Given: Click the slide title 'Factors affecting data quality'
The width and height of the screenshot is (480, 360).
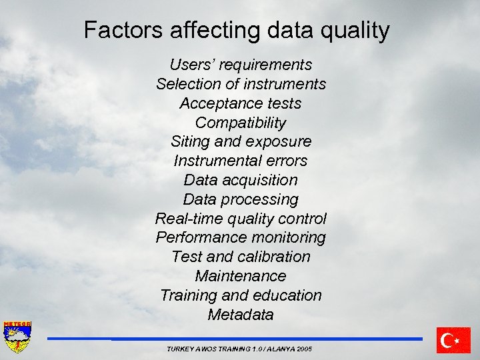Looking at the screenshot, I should click(x=237, y=31).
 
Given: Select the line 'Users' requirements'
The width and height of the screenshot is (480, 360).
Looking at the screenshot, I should click(x=241, y=65).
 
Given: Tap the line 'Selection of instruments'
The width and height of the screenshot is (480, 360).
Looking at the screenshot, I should click(x=241, y=84).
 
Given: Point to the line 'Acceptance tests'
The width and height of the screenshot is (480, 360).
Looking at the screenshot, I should click(x=241, y=103).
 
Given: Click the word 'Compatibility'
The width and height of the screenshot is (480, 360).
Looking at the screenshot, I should click(x=241, y=123).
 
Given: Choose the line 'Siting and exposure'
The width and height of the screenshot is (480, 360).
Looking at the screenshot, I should click(x=241, y=141).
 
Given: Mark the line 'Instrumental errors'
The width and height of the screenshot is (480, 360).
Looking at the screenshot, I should click(x=241, y=161).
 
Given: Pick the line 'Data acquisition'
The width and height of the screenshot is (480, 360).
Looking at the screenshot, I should click(x=241, y=180).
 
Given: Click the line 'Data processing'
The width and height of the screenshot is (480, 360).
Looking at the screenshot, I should click(x=241, y=199).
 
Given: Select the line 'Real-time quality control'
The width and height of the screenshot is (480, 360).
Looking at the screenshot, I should click(x=241, y=219).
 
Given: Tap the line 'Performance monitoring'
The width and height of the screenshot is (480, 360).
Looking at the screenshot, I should click(x=241, y=237).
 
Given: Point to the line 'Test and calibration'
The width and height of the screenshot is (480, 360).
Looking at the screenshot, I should click(x=241, y=257).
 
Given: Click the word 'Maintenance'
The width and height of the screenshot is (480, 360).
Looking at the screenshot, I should click(x=241, y=276).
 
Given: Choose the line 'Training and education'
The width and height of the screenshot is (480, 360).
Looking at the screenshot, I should click(x=241, y=295).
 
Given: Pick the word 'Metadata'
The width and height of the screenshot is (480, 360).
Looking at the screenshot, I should click(x=241, y=315).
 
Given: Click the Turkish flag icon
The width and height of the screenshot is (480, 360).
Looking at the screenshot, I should click(x=453, y=340).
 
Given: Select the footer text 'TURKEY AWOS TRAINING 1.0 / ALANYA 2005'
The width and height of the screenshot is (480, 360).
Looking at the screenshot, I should click(x=239, y=349).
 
